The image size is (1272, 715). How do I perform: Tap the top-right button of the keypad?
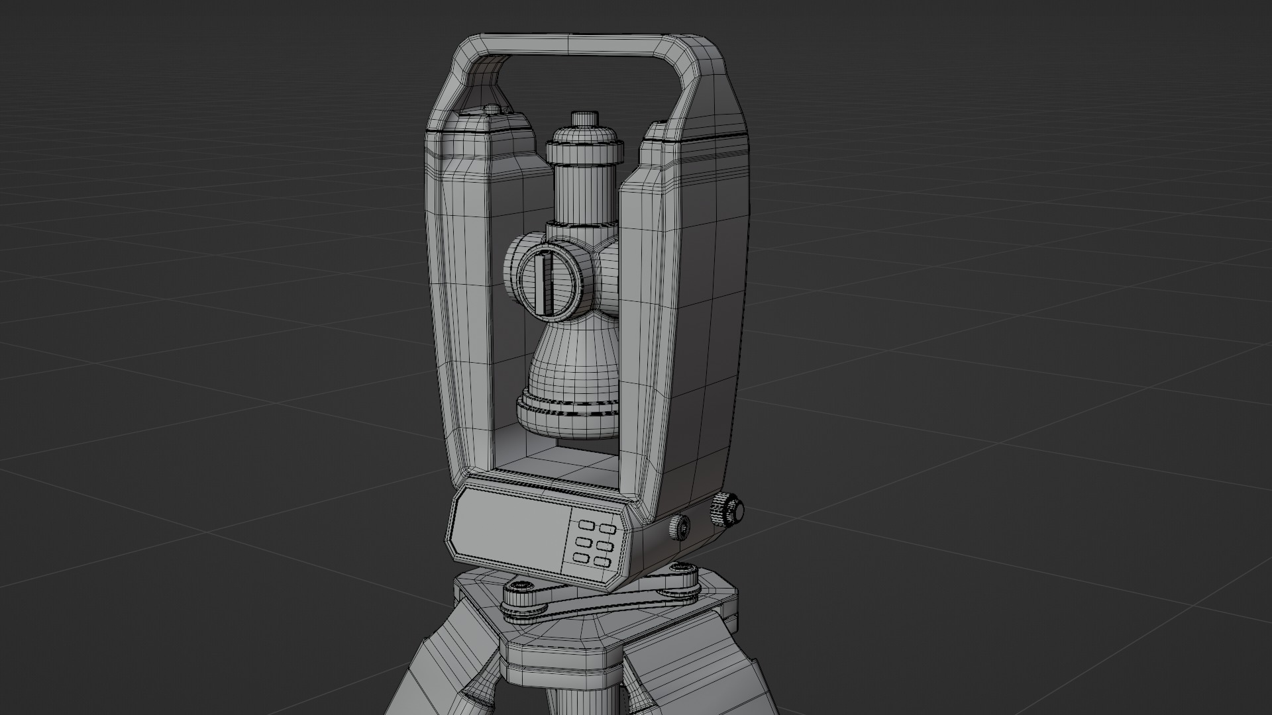pos(607,528)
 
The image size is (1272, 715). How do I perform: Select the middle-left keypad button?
pos(584,542)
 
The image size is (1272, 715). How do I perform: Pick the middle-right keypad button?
pos(604,546)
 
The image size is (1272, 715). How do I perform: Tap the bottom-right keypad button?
pos(602,562)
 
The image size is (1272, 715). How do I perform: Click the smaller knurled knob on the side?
pos(679,528)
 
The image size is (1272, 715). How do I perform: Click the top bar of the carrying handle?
pos(583,44)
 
